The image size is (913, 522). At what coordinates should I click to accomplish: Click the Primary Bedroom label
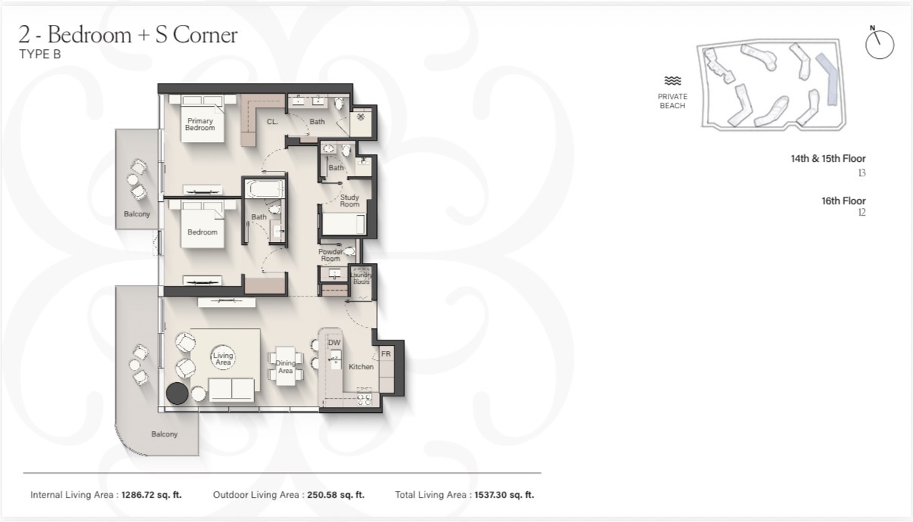[x=200, y=124]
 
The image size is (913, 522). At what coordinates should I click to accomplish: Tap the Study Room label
[x=350, y=200]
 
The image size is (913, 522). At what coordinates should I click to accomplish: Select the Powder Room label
[x=331, y=255]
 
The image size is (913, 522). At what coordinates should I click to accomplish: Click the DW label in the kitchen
[x=334, y=343]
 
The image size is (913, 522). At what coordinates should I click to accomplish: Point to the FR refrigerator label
[x=386, y=354]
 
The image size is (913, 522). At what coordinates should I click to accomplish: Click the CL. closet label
[x=273, y=122]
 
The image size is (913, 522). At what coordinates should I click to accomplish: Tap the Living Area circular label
[x=223, y=359]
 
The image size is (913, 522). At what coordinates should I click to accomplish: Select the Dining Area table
[x=285, y=366]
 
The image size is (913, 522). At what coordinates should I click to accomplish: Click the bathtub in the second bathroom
[x=264, y=189]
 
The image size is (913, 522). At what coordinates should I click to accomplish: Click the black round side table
[x=177, y=393]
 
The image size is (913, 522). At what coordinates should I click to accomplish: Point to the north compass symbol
[x=880, y=45]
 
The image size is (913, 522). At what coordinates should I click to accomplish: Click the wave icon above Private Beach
[x=672, y=81]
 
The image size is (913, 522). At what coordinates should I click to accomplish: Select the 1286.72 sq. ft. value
[x=151, y=495]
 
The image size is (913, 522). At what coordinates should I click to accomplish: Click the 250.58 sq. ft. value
[x=336, y=495]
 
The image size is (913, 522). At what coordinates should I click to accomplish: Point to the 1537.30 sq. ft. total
[x=504, y=495]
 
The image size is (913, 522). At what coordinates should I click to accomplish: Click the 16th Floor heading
[x=843, y=200]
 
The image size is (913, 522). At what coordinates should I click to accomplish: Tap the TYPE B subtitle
[x=40, y=54]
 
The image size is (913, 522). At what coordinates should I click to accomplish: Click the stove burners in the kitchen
[x=364, y=397]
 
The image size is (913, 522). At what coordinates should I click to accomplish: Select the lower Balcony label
[x=164, y=434]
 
